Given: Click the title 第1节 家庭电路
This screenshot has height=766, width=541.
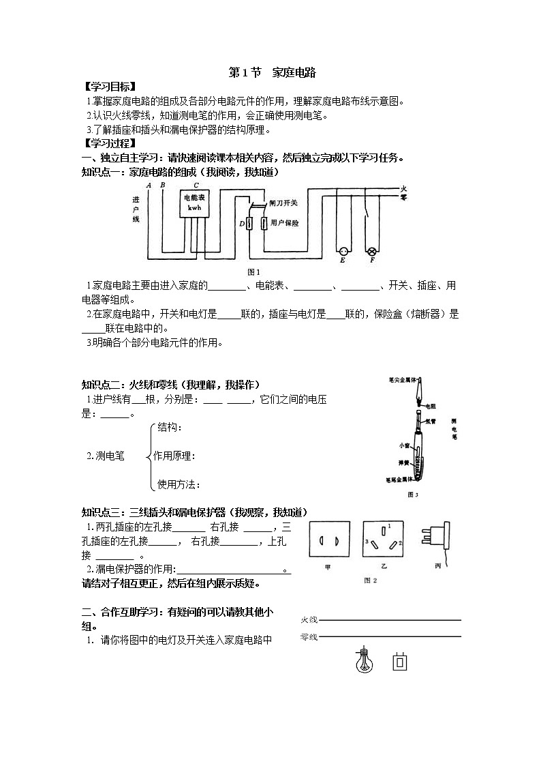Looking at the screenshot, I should tap(271, 72).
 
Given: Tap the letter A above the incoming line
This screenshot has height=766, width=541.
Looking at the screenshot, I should tap(149, 185).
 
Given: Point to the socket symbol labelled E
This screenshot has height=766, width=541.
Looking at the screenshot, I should tap(343, 250).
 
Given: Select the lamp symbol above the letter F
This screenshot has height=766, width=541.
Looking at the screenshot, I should tap(372, 250).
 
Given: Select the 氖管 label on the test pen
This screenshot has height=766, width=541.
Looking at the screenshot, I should tap(431, 421).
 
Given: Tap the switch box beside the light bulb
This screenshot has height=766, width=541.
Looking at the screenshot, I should tap(400, 662).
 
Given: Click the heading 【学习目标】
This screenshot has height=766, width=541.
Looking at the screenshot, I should tap(109, 87).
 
